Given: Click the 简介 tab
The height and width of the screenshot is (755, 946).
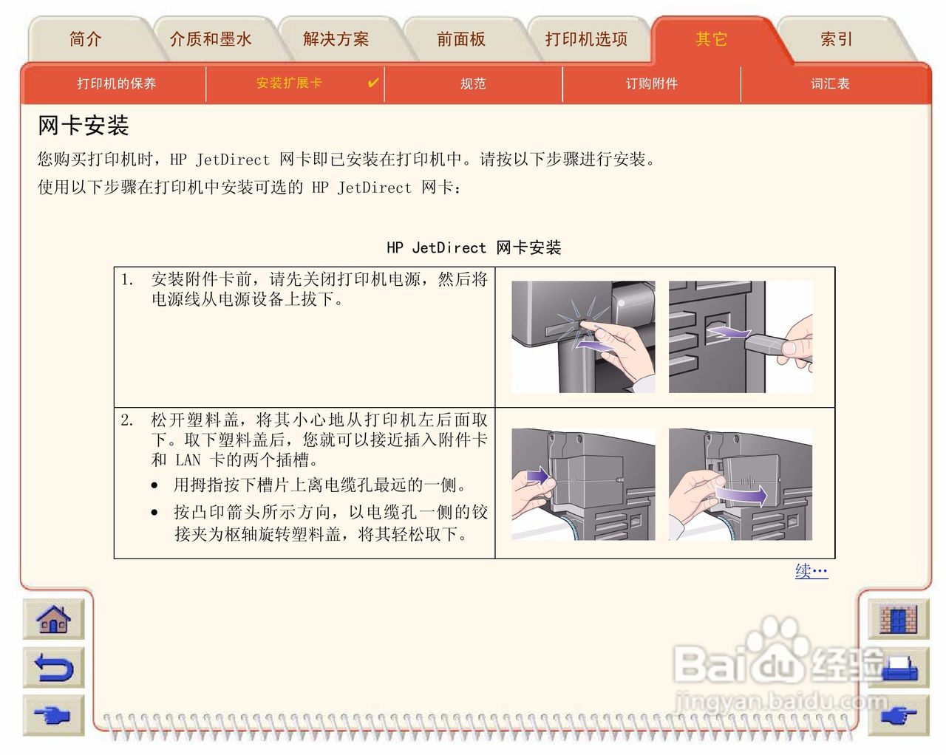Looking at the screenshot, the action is click(85, 39).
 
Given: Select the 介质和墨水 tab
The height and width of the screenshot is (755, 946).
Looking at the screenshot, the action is click(211, 39).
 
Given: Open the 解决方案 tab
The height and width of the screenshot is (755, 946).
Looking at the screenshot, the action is click(336, 39).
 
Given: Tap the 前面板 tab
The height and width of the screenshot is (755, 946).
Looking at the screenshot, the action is click(461, 39).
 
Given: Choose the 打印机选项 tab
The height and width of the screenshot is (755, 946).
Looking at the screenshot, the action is click(586, 39).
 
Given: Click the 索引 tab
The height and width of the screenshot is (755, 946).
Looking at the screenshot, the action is click(837, 39).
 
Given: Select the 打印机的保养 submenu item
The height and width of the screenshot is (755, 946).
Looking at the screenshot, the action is click(117, 83).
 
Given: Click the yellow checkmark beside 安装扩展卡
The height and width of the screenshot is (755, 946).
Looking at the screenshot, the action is click(373, 83).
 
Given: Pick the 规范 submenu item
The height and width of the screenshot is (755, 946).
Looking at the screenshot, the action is click(473, 83).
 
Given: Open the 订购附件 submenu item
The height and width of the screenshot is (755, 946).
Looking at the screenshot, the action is click(651, 83).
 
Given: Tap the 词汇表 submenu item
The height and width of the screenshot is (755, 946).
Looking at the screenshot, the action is click(830, 83).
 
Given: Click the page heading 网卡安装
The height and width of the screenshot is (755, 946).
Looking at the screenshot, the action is click(83, 126).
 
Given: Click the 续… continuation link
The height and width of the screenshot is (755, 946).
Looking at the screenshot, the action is click(811, 571).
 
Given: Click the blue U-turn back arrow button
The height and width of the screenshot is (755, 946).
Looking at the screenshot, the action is click(54, 667).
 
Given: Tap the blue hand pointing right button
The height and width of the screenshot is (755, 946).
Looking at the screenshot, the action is click(54, 715).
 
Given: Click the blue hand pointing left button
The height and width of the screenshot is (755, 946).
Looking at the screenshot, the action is click(898, 715).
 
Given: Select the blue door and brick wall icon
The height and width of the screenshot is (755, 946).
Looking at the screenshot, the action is click(898, 619).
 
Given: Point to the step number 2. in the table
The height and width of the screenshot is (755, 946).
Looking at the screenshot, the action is click(127, 420).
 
